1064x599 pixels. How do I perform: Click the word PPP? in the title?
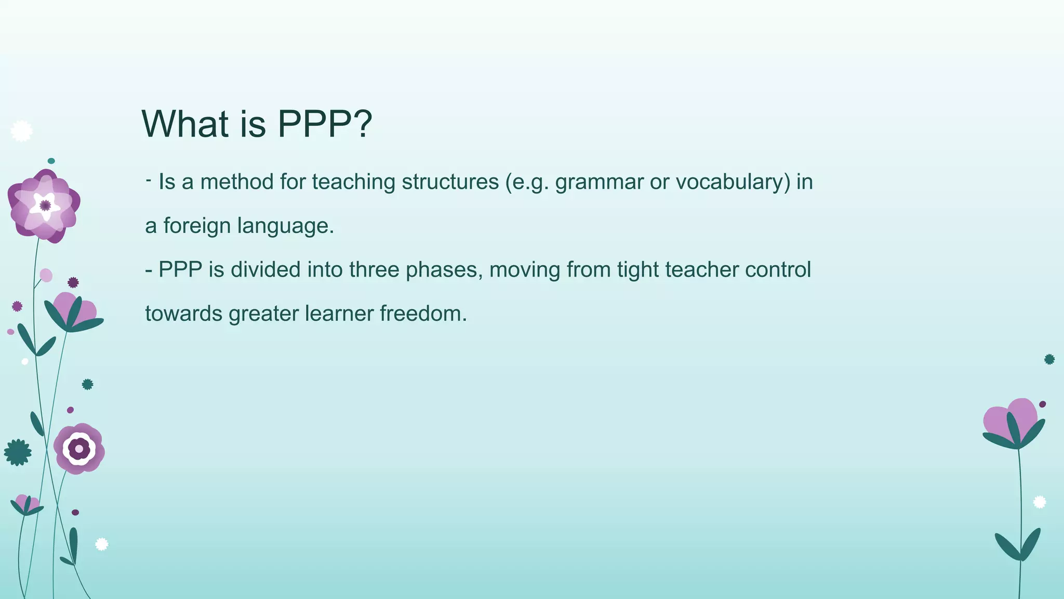point(325,124)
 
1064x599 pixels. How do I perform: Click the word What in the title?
point(185,124)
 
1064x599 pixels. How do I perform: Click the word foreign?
point(197,226)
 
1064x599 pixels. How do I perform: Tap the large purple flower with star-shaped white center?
point(45,206)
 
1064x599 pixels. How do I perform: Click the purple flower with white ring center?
point(79,448)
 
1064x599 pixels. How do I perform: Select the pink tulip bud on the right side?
point(1011,421)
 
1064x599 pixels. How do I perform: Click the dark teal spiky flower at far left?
point(18,452)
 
